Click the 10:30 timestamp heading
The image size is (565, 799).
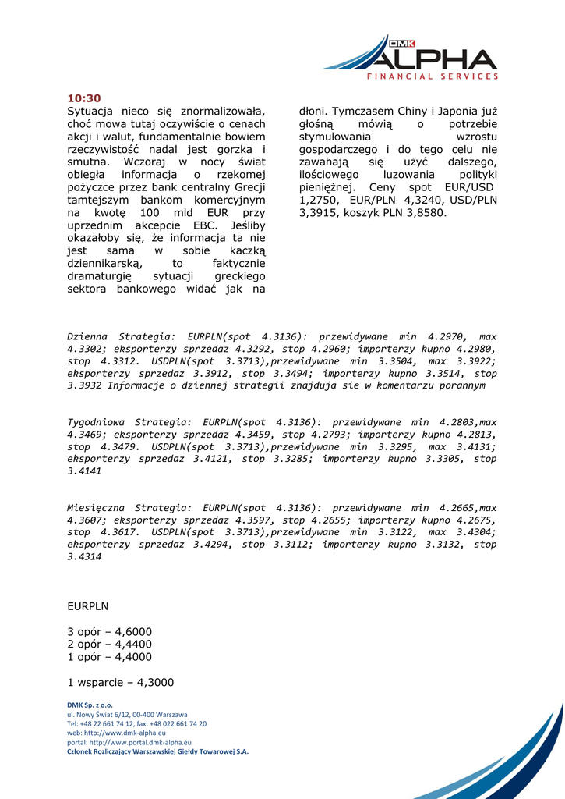[84, 98]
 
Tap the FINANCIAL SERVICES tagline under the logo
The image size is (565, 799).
[433, 76]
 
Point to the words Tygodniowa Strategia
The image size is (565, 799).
[129, 421]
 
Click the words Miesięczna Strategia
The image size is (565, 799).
[129, 507]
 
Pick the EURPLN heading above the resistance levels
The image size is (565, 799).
[88, 605]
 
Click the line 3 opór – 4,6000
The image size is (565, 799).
[110, 631]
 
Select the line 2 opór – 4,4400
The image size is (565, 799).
[110, 644]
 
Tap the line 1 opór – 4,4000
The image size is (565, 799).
[110, 656]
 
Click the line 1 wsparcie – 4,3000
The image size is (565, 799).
[121, 682]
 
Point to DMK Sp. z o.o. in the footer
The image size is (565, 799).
[90, 705]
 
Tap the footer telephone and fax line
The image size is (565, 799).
[137, 723]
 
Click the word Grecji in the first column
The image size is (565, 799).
[249, 186]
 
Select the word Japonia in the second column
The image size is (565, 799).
[461, 112]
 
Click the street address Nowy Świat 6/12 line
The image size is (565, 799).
[127, 714]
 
